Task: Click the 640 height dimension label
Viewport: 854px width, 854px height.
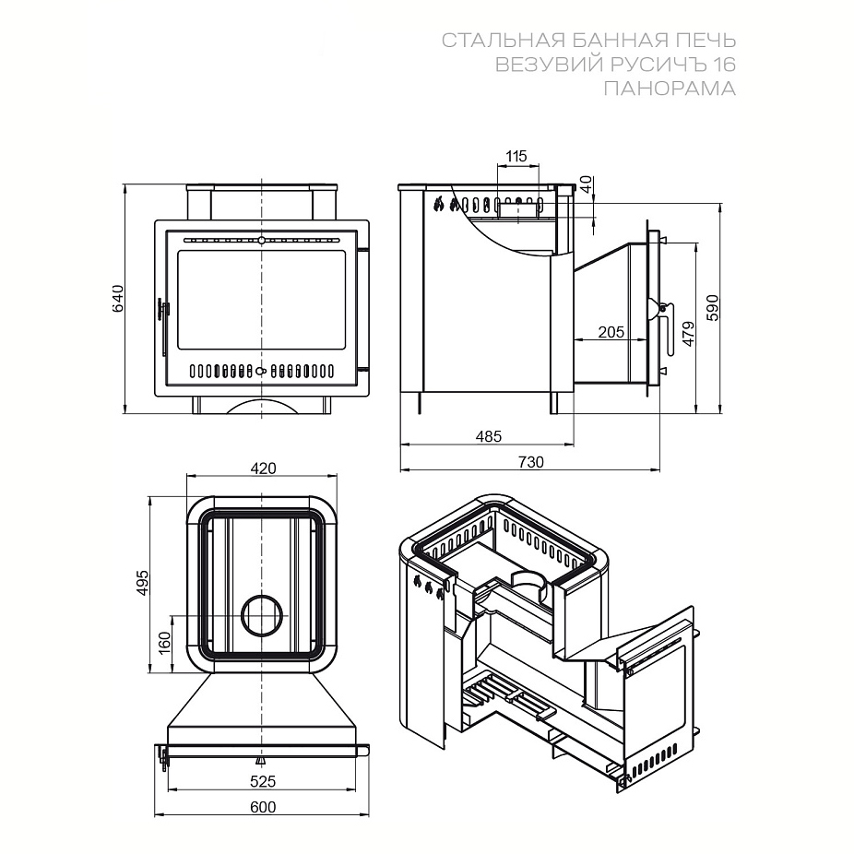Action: pyautogui.click(x=118, y=299)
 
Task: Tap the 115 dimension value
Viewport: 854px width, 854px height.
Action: pyautogui.click(x=516, y=156)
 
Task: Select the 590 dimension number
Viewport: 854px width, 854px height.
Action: pyautogui.click(x=713, y=308)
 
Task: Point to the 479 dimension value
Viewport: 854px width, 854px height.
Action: pyautogui.click(x=688, y=334)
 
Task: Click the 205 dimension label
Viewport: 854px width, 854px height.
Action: pyautogui.click(x=611, y=332)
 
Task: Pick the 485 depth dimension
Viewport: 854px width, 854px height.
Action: pyautogui.click(x=488, y=435)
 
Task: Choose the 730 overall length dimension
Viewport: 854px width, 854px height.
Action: pyautogui.click(x=530, y=462)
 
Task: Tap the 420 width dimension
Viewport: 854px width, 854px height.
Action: pyautogui.click(x=263, y=468)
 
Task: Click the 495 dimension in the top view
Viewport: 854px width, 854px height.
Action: pyautogui.click(x=142, y=583)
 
